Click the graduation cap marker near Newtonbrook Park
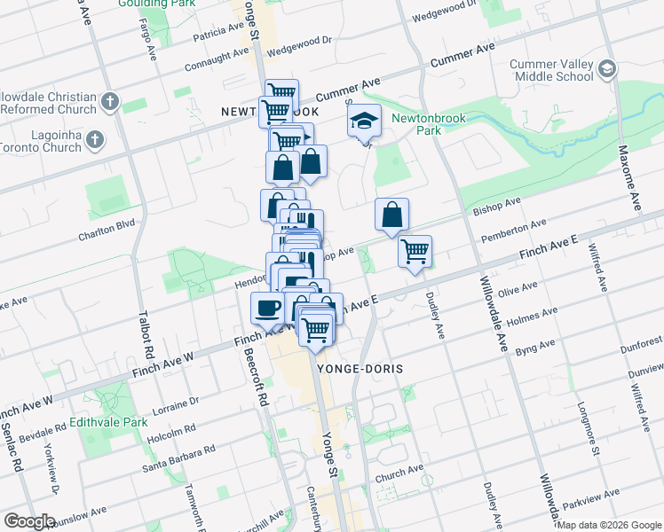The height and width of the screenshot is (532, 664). [362, 122]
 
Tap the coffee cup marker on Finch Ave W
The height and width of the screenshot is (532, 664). [267, 309]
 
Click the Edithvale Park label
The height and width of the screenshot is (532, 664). [109, 422]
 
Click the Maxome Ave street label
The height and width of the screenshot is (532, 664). [630, 178]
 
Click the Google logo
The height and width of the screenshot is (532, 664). [29, 521]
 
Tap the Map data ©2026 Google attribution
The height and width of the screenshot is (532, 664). [609, 525]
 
